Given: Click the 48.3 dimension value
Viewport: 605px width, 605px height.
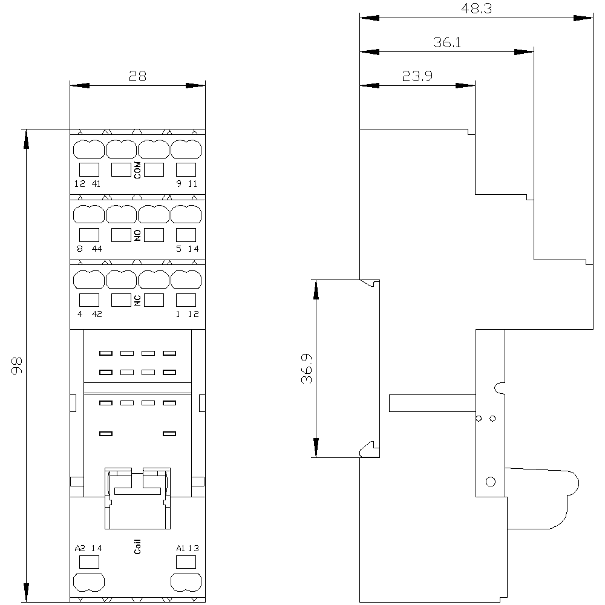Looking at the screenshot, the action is tap(477, 8).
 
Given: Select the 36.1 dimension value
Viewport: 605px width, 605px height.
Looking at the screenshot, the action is tap(447, 42).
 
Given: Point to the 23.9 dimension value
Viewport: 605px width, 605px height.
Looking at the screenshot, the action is tap(417, 76).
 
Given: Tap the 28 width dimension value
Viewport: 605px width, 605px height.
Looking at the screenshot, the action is tap(137, 76).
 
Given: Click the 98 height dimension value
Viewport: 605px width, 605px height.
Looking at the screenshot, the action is tap(16, 365).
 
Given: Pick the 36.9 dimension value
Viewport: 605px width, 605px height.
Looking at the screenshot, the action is tap(306, 368).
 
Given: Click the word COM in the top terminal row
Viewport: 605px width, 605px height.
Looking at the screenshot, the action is tap(137, 170).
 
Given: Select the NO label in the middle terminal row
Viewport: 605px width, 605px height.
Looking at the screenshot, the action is tap(137, 235).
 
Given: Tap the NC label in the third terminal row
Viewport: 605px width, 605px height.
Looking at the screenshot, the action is tap(137, 300).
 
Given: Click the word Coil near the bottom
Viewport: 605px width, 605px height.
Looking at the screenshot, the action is tap(137, 546).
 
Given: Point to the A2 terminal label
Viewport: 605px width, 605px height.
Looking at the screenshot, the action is tap(79, 548).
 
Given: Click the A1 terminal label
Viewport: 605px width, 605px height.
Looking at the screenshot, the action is tap(180, 548).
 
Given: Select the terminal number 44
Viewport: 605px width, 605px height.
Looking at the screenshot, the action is tap(97, 249).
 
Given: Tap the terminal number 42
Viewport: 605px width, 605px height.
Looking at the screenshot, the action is tap(97, 314).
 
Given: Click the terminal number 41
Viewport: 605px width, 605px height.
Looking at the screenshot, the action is tap(96, 184).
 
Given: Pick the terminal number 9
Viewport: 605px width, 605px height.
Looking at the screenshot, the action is tap(178, 184).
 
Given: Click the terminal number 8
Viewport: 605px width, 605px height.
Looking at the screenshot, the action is tap(80, 249).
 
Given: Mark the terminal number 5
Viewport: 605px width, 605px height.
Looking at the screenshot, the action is tap(178, 249).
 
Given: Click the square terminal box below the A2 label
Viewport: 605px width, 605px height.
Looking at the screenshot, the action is tap(89, 562).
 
